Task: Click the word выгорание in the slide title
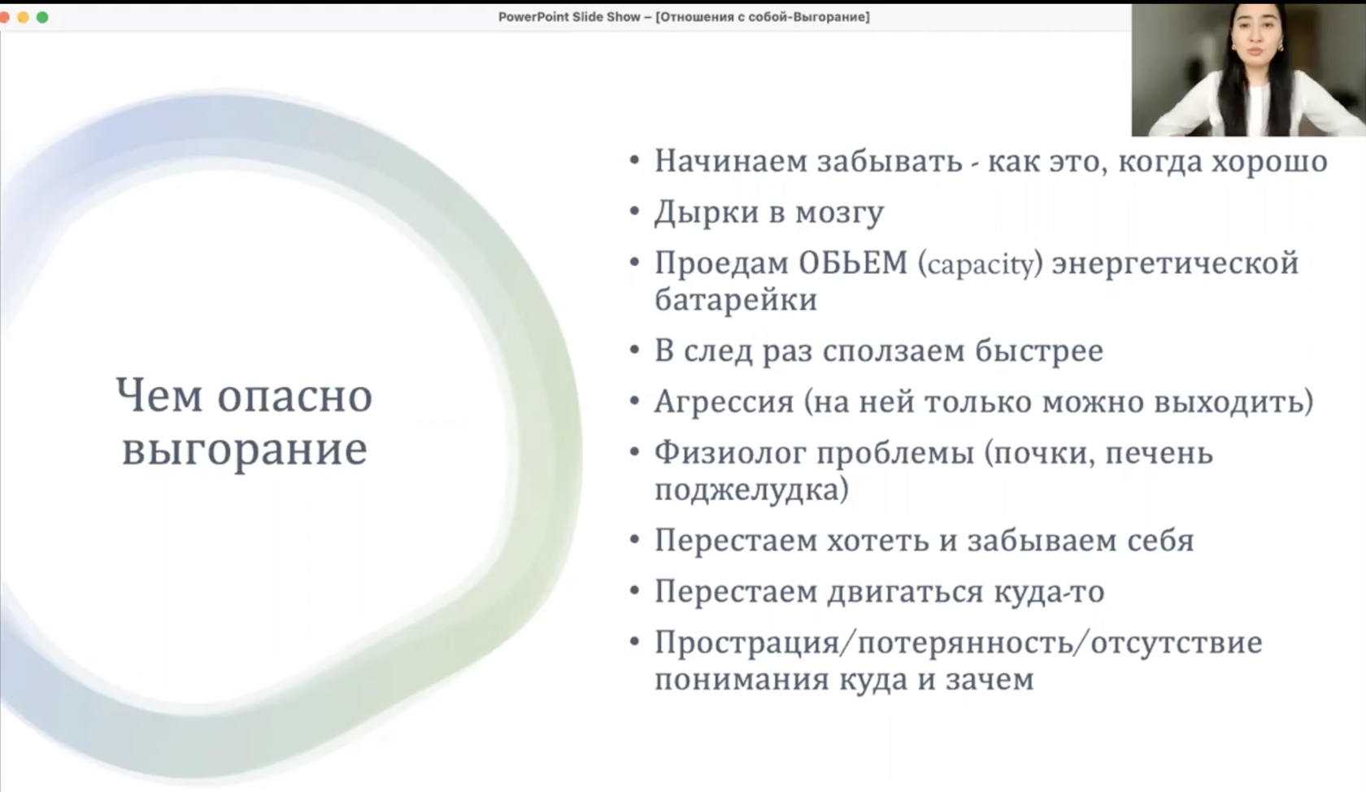pyautogui.click(x=245, y=450)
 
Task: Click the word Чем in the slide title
pyautogui.click(x=159, y=396)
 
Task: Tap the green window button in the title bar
pyautogui.click(x=42, y=17)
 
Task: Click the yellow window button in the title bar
pyautogui.click(x=23, y=17)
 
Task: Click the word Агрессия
pyautogui.click(x=724, y=403)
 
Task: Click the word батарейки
pyautogui.click(x=735, y=300)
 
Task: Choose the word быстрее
pyautogui.click(x=1039, y=350)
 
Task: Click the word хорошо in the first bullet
pyautogui.click(x=1269, y=162)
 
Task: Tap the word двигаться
pyautogui.click(x=906, y=592)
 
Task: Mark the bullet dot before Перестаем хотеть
pyautogui.click(x=635, y=540)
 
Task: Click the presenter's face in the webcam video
pyautogui.click(x=1255, y=37)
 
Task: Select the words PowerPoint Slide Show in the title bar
pyautogui.click(x=569, y=17)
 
